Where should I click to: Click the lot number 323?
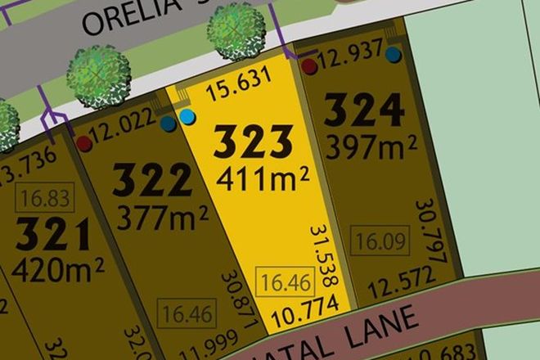[252, 144]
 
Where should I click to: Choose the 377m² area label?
[162, 217]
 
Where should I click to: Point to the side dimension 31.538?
[325, 255]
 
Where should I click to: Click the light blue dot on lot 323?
[188, 118]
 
